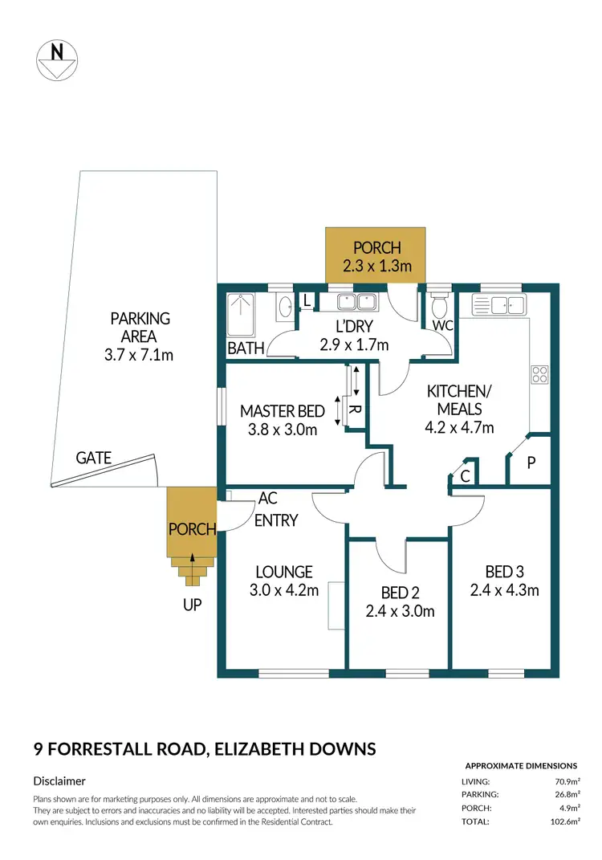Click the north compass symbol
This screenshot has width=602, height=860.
[57, 59]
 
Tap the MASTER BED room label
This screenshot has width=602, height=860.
[283, 412]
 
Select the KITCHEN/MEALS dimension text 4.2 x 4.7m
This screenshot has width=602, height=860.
[459, 427]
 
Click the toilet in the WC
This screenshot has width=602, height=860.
[438, 308]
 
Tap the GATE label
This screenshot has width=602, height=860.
[93, 459]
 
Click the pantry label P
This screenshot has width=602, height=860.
[531, 463]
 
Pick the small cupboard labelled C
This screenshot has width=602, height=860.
[465, 475]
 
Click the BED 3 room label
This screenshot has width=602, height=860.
[505, 572]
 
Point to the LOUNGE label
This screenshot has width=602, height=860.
[283, 572]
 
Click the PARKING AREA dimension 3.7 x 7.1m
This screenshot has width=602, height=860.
[139, 353]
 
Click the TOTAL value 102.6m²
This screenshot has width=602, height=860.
[563, 821]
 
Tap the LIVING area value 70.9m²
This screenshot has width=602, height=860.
[565, 781]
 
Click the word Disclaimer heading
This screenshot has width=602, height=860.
[59, 781]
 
